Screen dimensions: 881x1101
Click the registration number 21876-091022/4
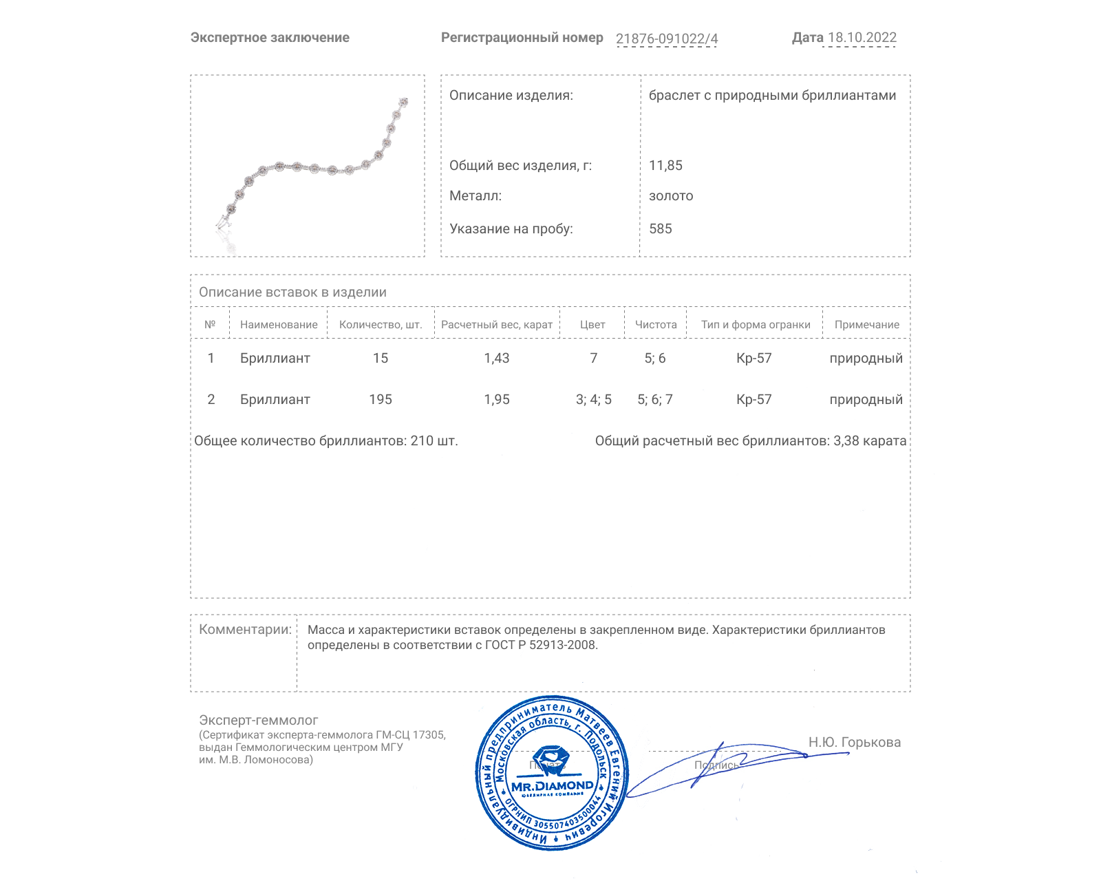tap(666, 39)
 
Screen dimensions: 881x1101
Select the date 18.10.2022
tap(862, 38)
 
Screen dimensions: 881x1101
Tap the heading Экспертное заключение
tap(270, 38)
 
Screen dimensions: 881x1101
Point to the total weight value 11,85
tap(665, 165)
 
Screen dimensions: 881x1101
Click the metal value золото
tap(671, 195)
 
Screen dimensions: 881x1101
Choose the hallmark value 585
tap(660, 229)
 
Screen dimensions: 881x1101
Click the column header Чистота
tap(656, 325)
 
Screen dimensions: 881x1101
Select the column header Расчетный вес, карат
tap(497, 325)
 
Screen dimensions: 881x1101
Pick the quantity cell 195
tap(381, 399)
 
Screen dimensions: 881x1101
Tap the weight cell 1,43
tap(497, 358)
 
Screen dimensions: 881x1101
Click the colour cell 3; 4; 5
tap(593, 399)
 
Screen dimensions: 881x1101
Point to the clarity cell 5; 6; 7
tap(655, 399)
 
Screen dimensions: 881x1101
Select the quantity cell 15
tap(381, 358)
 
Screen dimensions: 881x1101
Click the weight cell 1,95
tap(497, 399)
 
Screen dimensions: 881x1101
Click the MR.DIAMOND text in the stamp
tap(552, 785)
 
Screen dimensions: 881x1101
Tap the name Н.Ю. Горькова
tap(854, 742)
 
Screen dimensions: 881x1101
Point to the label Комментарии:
tap(245, 629)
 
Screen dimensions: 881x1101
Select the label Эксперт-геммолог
tap(258, 720)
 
